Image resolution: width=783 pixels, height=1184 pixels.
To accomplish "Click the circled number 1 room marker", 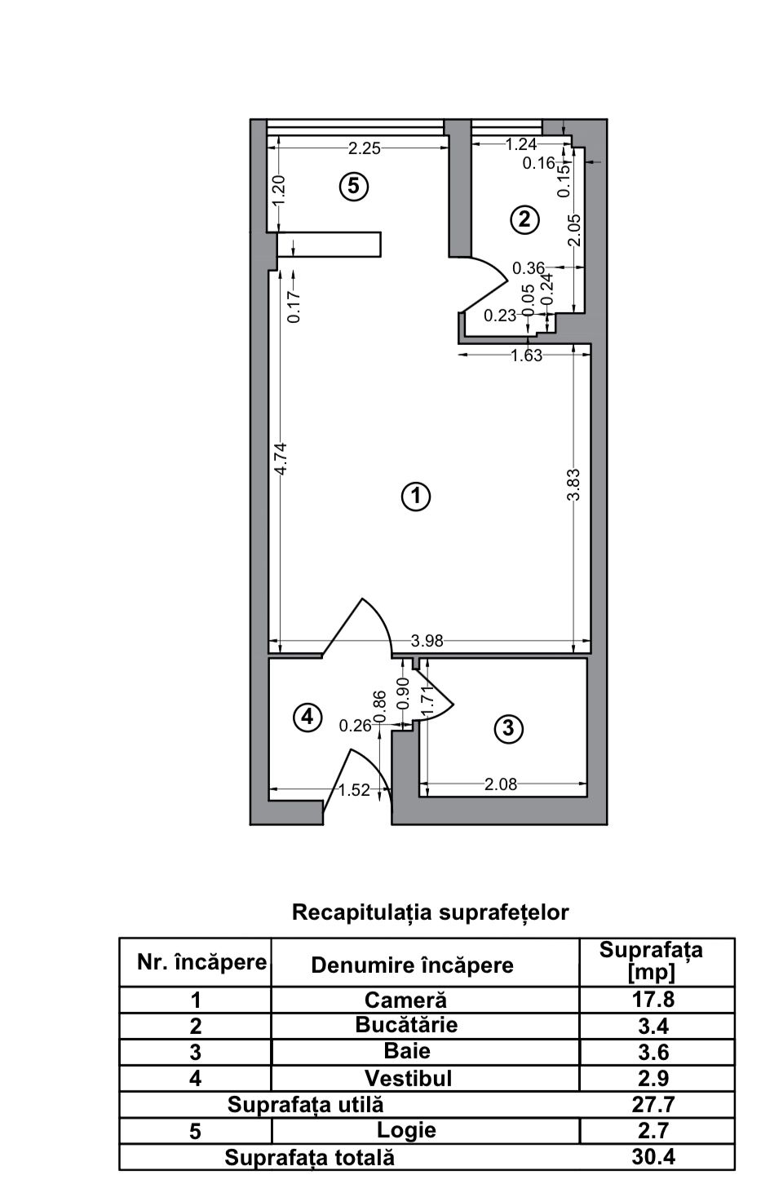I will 416,496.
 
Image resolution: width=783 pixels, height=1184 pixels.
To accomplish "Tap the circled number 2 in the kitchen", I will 524,219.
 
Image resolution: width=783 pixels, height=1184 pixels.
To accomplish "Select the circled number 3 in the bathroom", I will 508,727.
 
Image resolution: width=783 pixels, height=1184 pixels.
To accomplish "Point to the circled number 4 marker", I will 307,717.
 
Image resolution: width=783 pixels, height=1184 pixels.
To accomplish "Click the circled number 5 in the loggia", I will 354,186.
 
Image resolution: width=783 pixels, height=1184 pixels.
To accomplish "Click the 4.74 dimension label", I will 281,459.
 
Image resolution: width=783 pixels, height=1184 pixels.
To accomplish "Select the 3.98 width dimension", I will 427,641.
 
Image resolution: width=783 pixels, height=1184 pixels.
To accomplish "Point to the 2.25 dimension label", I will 364,148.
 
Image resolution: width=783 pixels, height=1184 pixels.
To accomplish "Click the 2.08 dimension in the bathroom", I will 500,784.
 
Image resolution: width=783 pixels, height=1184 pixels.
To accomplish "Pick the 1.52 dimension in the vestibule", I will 354,789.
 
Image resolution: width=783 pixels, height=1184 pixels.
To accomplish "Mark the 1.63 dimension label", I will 526,356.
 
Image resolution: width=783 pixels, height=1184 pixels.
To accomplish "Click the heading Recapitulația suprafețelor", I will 430,912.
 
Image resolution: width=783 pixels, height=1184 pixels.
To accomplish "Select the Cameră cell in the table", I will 405,999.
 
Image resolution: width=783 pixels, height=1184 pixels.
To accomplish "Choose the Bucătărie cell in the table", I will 406,1025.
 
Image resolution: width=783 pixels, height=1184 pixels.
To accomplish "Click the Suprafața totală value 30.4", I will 652,1156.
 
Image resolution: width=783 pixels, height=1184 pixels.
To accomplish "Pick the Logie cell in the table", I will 406,1130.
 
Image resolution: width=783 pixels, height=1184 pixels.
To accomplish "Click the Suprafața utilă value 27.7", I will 653,1104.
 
